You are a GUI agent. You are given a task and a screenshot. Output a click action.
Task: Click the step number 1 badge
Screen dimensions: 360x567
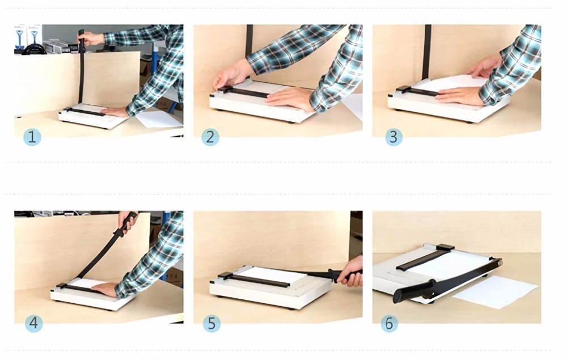click(32, 137)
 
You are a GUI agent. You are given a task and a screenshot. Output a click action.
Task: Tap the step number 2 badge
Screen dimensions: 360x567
click(210, 137)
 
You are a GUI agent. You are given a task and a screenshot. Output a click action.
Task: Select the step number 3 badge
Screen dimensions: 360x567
click(393, 137)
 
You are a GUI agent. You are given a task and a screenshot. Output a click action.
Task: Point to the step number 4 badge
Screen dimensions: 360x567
click(33, 323)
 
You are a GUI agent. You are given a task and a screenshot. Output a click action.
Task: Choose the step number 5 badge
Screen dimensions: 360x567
click(211, 323)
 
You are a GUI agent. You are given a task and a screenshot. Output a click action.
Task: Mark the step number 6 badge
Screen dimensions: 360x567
click(389, 323)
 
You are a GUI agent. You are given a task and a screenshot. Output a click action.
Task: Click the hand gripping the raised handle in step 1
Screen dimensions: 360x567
click(91, 39)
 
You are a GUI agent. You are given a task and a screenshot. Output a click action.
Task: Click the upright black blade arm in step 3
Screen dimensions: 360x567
click(426, 51)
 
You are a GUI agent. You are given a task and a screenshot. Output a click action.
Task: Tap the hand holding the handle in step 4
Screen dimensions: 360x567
click(128, 222)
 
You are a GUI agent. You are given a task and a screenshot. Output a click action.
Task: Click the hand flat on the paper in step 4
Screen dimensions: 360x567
click(105, 289)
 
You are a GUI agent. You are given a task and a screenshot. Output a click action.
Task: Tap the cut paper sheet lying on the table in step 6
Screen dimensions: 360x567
click(496, 294)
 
